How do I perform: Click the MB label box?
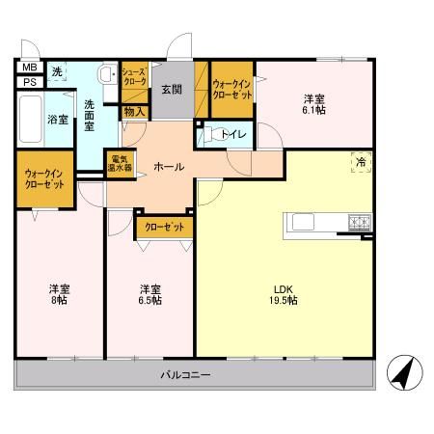[x=28, y=68]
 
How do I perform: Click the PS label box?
[x=28, y=82]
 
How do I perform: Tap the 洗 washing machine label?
[x=57, y=72]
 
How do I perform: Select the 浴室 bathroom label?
[x=58, y=120]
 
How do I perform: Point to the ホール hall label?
[x=169, y=166]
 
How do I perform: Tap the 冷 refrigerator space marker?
[x=360, y=163]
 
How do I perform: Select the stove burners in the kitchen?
[x=360, y=225]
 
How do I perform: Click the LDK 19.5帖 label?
[x=284, y=295]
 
